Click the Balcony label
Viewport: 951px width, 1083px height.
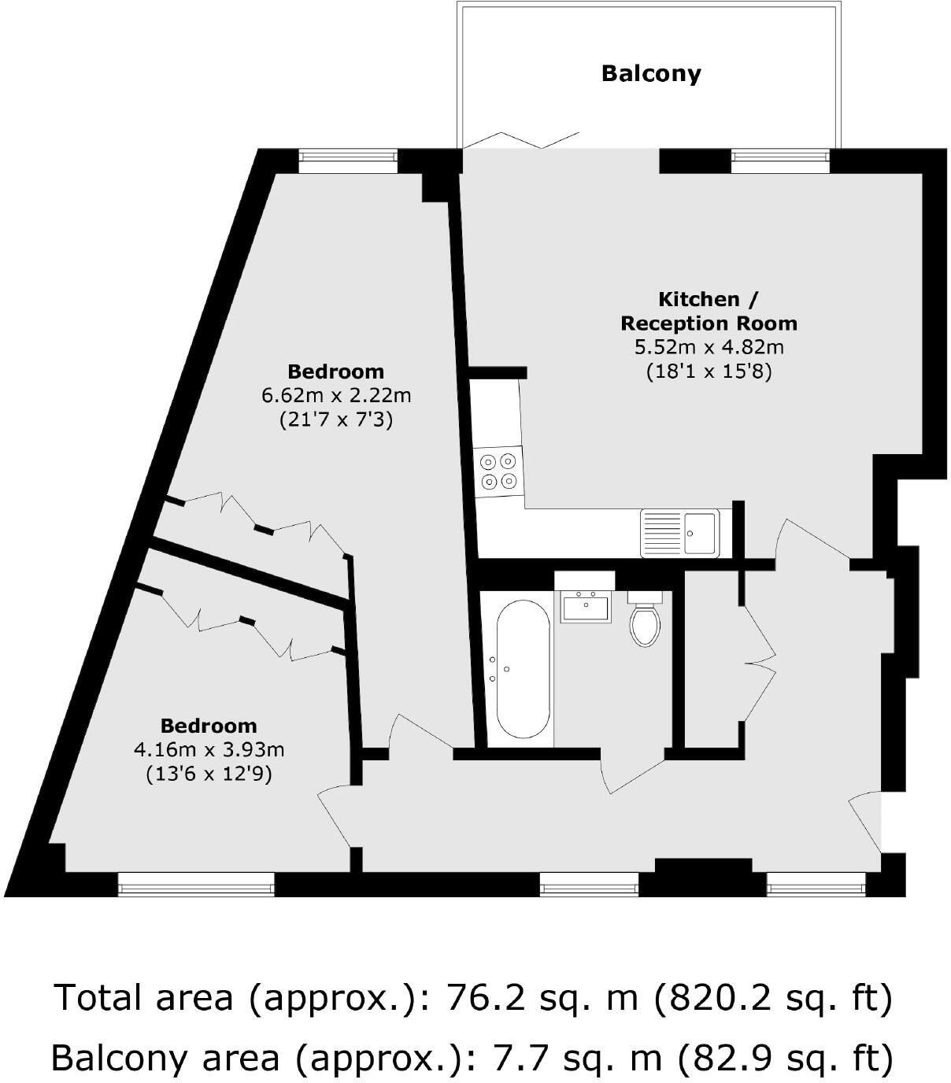tap(650, 73)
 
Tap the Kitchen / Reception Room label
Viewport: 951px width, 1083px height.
tap(709, 311)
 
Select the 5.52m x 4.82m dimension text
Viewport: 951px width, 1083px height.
tap(709, 347)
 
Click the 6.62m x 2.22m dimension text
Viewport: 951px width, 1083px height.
tap(336, 395)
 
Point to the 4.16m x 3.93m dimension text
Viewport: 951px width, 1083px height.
tap(209, 749)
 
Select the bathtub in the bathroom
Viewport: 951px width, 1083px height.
tap(522, 669)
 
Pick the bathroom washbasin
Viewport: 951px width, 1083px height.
tap(585, 607)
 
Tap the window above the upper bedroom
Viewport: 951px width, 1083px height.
tap(347, 161)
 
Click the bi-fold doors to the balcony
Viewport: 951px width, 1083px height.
tap(521, 140)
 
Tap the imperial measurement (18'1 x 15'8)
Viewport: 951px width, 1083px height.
tap(709, 371)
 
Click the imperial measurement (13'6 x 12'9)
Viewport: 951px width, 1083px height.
tap(209, 774)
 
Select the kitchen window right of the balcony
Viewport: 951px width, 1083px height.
tap(779, 161)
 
